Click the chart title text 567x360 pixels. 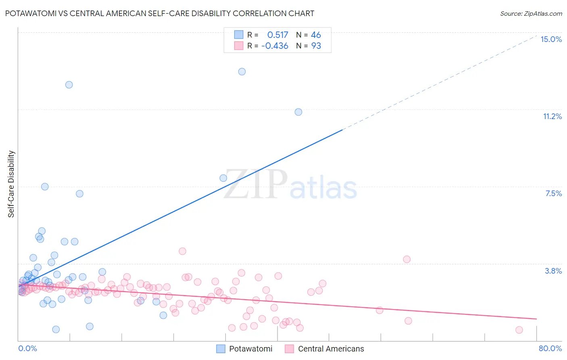pyautogui.click(x=160, y=13)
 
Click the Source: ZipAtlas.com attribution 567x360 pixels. pyautogui.click(x=531, y=13)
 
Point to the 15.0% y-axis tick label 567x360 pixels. pyautogui.click(x=551, y=39)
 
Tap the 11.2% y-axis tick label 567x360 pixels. pyautogui.click(x=552, y=116)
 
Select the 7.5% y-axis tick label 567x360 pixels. pyautogui.click(x=553, y=193)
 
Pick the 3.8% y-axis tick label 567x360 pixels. pyautogui.click(x=553, y=271)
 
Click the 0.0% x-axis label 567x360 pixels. pyautogui.click(x=27, y=348)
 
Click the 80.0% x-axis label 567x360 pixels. pyautogui.click(x=550, y=348)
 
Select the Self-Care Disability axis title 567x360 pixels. pyautogui.click(x=11, y=184)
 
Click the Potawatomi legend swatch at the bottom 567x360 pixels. pyautogui.click(x=221, y=349)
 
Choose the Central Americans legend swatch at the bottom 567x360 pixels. pyautogui.click(x=289, y=349)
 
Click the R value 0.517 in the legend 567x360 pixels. pyautogui.click(x=277, y=35)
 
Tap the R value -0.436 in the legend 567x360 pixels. pyautogui.click(x=275, y=46)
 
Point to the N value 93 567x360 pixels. pyautogui.click(x=316, y=46)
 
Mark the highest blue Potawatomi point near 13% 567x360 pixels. pyautogui.click(x=242, y=71)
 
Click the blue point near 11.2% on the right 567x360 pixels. pyautogui.click(x=298, y=112)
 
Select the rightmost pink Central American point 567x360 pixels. pyautogui.click(x=519, y=330)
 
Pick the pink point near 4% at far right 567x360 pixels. pyautogui.click(x=406, y=259)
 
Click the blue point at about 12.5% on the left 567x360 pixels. pyautogui.click(x=69, y=85)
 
